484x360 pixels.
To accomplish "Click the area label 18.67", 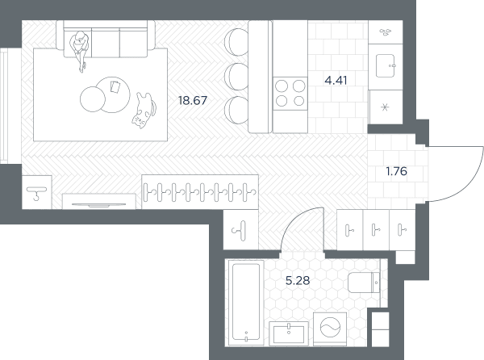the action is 193,101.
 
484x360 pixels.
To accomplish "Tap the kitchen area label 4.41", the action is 336,81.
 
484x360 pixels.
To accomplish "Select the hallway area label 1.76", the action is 397,171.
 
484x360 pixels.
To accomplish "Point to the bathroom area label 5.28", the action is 298,281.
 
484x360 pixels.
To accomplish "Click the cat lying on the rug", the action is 144,111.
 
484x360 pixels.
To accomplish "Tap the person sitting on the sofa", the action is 80,49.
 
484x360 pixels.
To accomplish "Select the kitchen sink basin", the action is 386,65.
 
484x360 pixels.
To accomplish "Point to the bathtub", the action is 246,303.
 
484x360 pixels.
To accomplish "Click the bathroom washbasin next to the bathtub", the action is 289,333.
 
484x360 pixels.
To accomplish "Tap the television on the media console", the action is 98,205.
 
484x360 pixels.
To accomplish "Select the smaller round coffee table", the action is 93,99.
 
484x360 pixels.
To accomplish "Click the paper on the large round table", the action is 115,86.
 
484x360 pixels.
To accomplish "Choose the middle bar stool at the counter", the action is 236,77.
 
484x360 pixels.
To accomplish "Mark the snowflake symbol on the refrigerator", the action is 385,107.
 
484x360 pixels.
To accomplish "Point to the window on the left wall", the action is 4,106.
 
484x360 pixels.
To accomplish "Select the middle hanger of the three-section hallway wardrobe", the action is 376,230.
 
